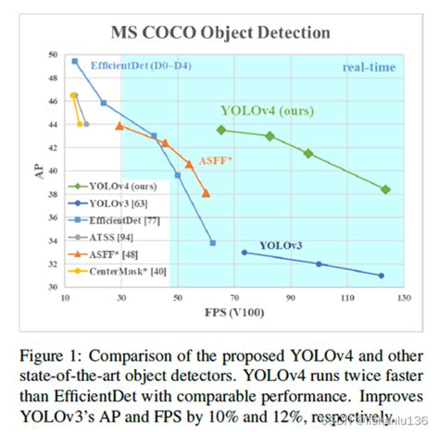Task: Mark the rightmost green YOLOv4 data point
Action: point(385,190)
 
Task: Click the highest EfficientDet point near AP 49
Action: point(75,62)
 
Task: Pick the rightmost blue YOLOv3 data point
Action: point(381,276)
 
